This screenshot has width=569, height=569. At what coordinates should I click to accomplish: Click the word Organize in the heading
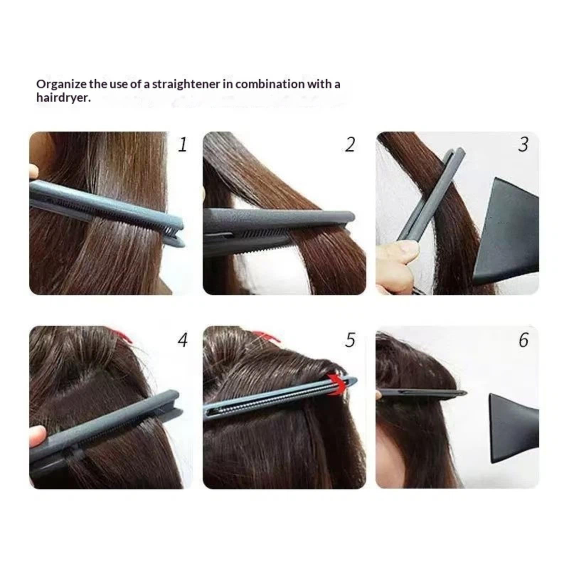click(61, 85)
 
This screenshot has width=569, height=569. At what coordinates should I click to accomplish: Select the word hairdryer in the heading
click(63, 97)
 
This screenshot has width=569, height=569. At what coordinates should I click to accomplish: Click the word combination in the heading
click(270, 84)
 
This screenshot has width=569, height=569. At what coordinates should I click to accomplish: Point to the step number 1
click(182, 144)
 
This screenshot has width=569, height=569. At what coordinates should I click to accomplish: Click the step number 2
click(350, 144)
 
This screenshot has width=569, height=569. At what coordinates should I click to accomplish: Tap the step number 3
click(523, 144)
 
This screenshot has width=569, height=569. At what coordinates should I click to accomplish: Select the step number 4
click(182, 340)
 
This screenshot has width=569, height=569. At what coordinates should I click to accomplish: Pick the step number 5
click(350, 340)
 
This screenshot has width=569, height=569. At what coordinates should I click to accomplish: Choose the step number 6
click(523, 340)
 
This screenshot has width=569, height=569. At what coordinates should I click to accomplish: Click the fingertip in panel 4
click(37, 436)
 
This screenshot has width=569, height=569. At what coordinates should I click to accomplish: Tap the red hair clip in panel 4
click(122, 335)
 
